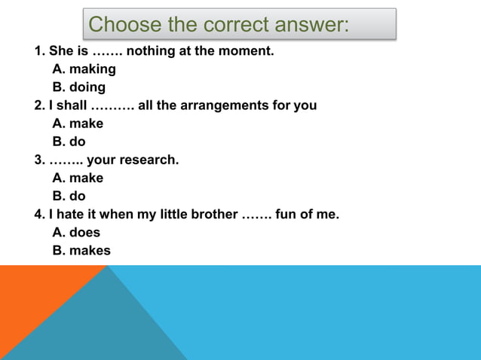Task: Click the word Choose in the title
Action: [x=123, y=25]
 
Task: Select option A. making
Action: [x=84, y=69]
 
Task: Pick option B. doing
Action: [x=79, y=87]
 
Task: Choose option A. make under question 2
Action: [x=78, y=124]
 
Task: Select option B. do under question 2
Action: [x=69, y=142]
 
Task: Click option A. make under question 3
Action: [x=78, y=178]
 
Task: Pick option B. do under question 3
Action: [x=69, y=197]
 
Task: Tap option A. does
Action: [x=76, y=233]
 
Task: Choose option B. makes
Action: [x=81, y=251]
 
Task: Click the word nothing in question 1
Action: [x=155, y=51]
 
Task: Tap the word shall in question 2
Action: [x=70, y=105]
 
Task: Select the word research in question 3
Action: [x=152, y=160]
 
